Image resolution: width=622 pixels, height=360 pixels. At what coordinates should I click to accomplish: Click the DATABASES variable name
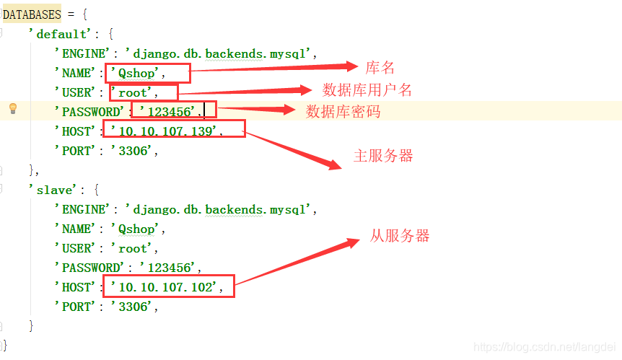click(x=32, y=14)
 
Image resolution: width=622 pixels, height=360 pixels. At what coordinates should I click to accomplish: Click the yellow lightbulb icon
click(x=12, y=109)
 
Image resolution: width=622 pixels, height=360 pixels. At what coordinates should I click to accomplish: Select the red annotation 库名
click(x=380, y=68)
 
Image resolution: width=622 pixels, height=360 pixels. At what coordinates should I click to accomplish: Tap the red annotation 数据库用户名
click(x=367, y=89)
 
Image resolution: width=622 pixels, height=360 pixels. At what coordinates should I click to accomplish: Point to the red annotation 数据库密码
click(x=343, y=111)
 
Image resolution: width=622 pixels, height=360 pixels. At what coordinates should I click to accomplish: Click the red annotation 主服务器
click(x=383, y=156)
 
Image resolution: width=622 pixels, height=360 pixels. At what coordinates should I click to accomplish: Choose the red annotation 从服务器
click(x=400, y=235)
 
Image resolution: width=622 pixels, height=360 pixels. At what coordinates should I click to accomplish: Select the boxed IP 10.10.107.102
click(x=167, y=287)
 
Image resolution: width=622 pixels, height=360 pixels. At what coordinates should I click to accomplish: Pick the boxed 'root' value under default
click(x=136, y=92)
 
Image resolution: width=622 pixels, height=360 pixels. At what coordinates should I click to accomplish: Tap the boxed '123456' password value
click(x=170, y=112)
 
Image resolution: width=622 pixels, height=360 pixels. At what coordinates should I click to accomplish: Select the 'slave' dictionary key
click(x=51, y=190)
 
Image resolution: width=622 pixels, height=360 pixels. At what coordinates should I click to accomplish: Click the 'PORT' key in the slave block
click(x=74, y=307)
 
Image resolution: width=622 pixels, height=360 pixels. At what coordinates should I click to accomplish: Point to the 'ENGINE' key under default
click(x=79, y=53)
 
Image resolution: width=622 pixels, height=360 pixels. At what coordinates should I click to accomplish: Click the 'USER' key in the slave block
click(x=74, y=248)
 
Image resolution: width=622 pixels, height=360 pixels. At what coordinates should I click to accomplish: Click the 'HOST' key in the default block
click(x=74, y=131)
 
